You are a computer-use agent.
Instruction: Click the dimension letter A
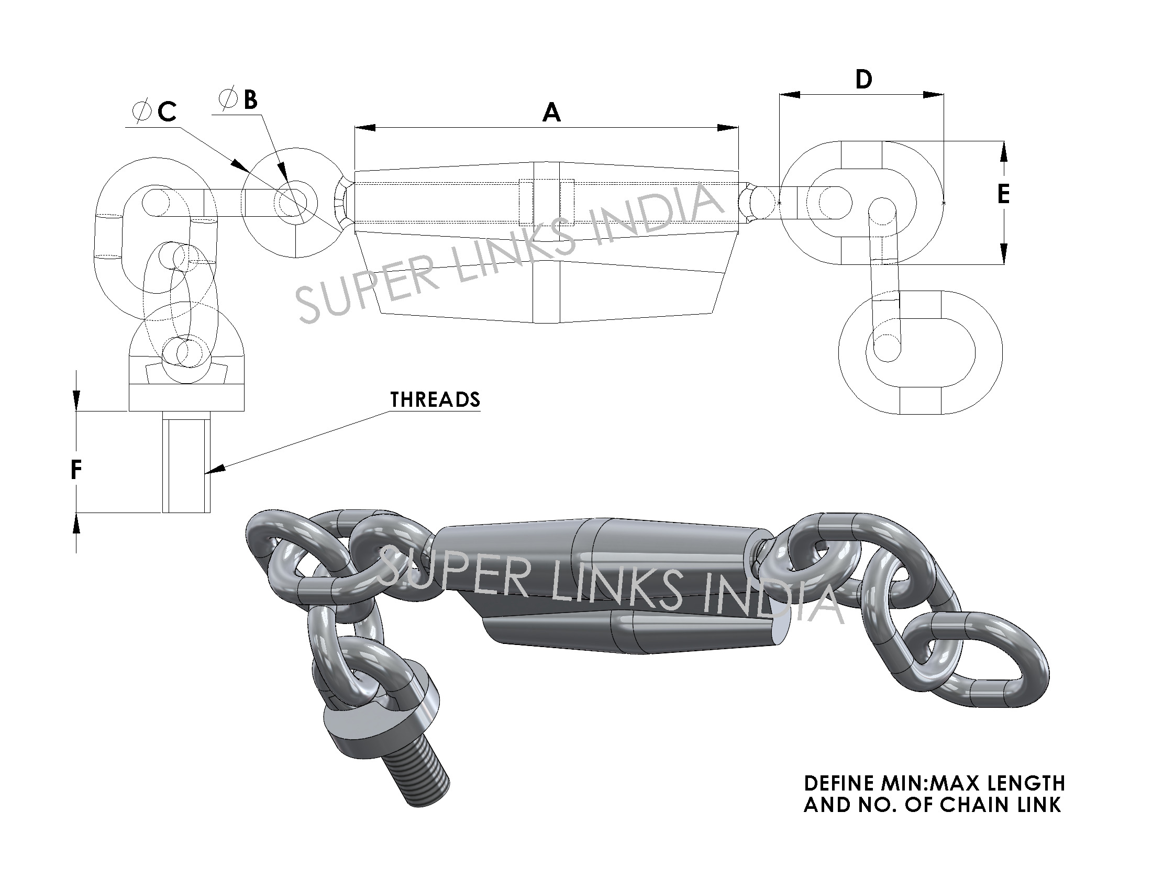pyautogui.click(x=551, y=113)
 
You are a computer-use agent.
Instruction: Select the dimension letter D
pyautogui.click(x=863, y=80)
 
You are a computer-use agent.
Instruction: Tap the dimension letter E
pyautogui.click(x=1003, y=194)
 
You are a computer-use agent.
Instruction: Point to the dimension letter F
pyautogui.click(x=76, y=470)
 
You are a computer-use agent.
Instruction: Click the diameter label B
pyautogui.click(x=250, y=99)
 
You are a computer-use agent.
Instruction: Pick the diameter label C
pyautogui.click(x=167, y=112)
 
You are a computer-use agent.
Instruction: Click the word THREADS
pyautogui.click(x=435, y=399)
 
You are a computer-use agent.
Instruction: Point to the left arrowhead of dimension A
pyautogui.click(x=364, y=128)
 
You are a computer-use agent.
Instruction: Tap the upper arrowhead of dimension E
pyautogui.click(x=1003, y=152)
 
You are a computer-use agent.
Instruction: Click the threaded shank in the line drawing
pyautogui.click(x=186, y=464)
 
